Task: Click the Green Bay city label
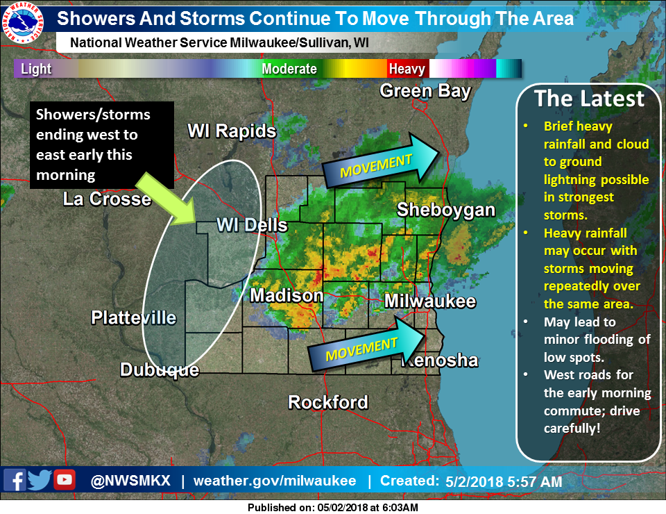pos(425,91)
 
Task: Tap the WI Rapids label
pos(232,131)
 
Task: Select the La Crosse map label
pos(107,199)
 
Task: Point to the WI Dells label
pos(252,225)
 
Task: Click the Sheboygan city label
pos(446,210)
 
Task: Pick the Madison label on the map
pos(287,295)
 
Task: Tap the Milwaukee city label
pos(430,301)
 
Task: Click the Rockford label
pos(328,401)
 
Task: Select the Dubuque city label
pos(160,370)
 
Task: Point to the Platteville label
pos(134,317)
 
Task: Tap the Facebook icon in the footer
pos(15,480)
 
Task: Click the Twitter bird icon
pos(40,480)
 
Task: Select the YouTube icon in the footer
pos(65,480)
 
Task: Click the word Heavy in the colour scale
pos(407,69)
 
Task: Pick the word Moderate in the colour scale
pos(289,69)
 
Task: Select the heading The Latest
pos(589,99)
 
